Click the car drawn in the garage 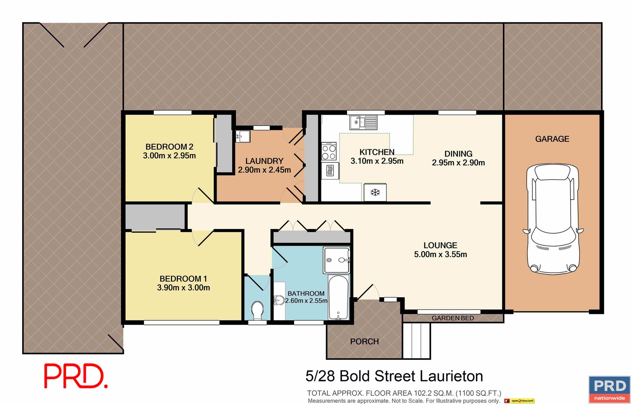coord(553,219)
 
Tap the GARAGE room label coord(552,139)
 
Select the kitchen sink coord(363,123)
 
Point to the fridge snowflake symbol coord(375,193)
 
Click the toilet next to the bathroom coord(257,311)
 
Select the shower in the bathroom coord(337,260)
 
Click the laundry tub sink coord(243,136)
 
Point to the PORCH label coord(364,341)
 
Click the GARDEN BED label coord(453,318)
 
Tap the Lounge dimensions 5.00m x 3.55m coord(440,254)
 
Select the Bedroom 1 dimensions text coord(183,287)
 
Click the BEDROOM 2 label coord(169,147)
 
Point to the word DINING coord(458,154)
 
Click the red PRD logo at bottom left coord(76,376)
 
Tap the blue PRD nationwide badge coord(609,390)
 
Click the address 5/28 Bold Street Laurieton coord(394,376)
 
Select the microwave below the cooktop coord(330,171)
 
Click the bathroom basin coord(279,300)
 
